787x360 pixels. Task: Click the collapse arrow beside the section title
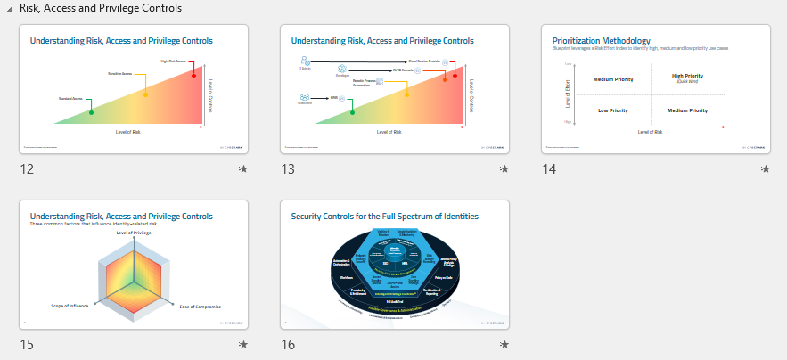coord(9,9)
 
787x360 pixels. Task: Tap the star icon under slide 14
coord(765,169)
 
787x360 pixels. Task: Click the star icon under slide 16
coord(504,345)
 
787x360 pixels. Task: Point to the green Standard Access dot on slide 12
coord(91,112)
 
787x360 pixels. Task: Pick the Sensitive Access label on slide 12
coord(120,73)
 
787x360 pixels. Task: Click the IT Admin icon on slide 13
coord(306,61)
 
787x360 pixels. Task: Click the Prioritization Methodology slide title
coord(601,40)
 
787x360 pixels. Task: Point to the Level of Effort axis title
coord(567,94)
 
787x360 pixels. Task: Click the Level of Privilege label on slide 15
coord(134,233)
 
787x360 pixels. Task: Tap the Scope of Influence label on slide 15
coord(69,306)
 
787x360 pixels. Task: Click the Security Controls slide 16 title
coord(385,217)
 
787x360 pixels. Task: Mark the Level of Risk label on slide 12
coord(128,132)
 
